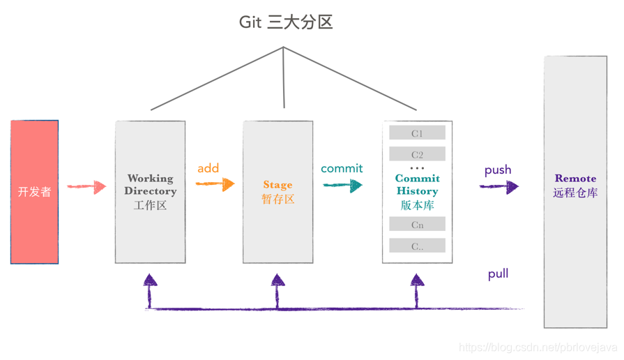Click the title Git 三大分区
[286, 22]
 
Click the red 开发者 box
[34, 192]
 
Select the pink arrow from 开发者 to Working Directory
[86, 187]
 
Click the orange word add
[208, 168]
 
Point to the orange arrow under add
[215, 184]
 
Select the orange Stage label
[277, 185]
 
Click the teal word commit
[342, 168]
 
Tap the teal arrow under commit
[342, 185]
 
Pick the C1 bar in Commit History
[417, 133]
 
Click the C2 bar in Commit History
[417, 154]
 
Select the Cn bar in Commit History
[417, 225]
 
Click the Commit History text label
[417, 185]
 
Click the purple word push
[498, 170]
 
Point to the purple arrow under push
[499, 186]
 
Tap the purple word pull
[498, 274]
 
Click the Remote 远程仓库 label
[575, 186]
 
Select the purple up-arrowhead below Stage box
[277, 281]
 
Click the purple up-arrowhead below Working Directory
[150, 281]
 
